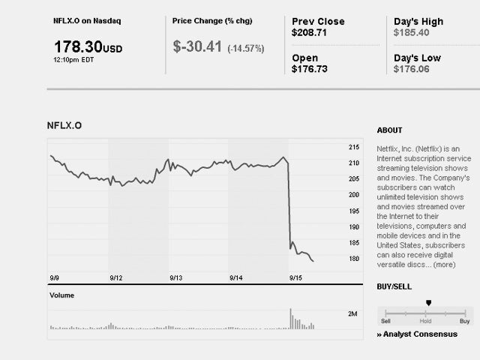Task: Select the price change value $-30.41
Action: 196,47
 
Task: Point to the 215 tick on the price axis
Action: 355,147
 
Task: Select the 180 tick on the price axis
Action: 355,259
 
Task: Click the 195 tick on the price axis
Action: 355,211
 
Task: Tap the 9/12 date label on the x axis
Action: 115,277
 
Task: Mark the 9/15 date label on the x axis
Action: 295,277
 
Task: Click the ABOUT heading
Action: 389,130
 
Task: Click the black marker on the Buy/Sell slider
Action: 428,303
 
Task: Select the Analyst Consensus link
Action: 420,334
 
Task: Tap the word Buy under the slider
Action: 464,321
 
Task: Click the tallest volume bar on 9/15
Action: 290,319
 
